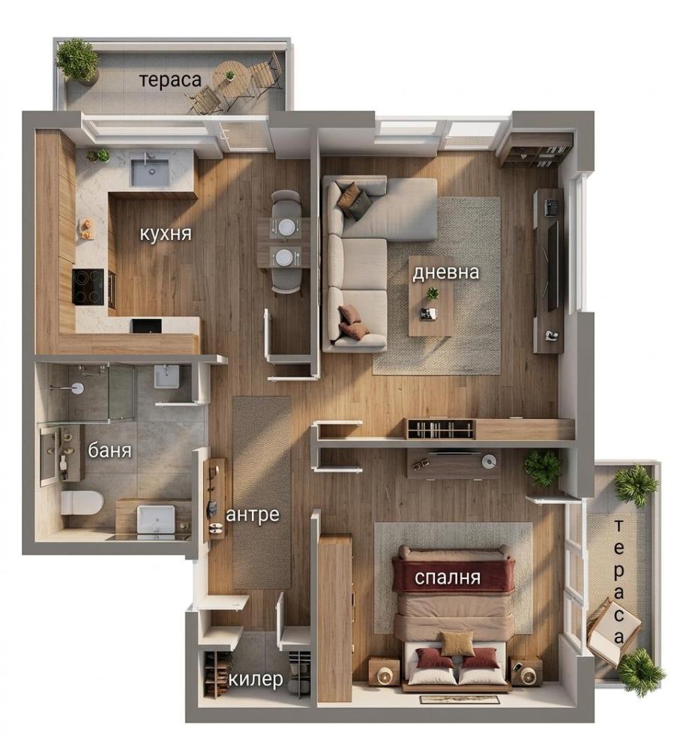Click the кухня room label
(166, 234)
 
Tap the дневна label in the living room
(445, 272)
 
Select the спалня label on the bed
(447, 577)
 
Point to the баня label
(109, 450)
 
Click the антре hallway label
(253, 514)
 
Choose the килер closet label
(256, 679)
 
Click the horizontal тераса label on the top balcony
(170, 80)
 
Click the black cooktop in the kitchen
(88, 286)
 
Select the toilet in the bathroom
(82, 502)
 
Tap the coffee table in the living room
(431, 296)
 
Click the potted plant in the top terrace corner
(76, 61)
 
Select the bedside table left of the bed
(384, 671)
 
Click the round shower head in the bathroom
(76, 388)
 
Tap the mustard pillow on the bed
(457, 643)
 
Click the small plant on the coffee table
(433, 293)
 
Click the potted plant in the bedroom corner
(543, 468)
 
